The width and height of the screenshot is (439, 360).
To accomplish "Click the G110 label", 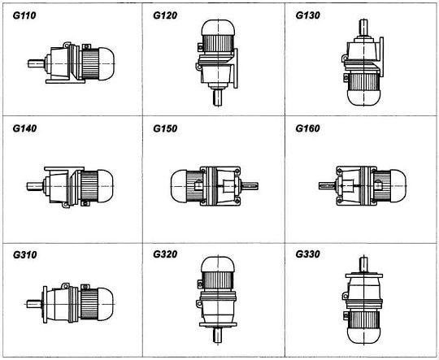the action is point(24,15).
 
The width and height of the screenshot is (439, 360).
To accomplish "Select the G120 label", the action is point(165,15).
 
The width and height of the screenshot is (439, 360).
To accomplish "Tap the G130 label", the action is point(307,15).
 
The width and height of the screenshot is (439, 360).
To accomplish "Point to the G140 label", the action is point(24,128).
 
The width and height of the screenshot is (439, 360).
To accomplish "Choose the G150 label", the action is point(165,128).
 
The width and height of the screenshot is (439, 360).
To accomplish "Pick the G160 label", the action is point(307,128).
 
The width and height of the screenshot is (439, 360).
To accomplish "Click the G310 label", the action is point(24,255).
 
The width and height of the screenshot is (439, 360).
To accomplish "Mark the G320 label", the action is point(165,254).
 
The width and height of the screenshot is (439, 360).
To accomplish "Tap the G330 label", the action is point(307,254).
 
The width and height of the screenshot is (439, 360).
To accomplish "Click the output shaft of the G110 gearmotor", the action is point(36,63).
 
